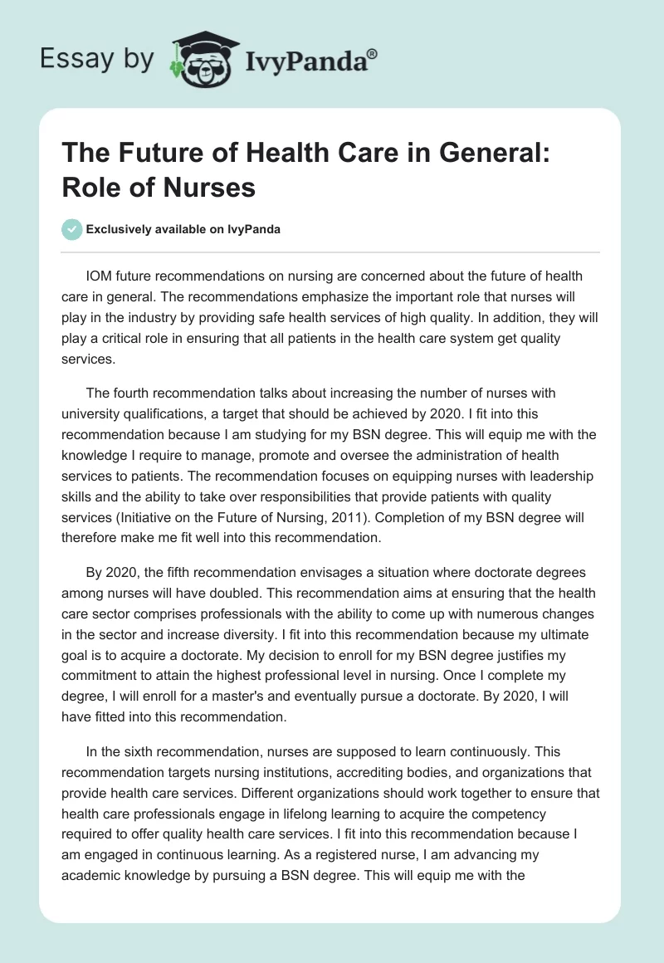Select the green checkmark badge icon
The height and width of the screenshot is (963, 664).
click(73, 230)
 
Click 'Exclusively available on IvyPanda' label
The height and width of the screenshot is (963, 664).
click(184, 230)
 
